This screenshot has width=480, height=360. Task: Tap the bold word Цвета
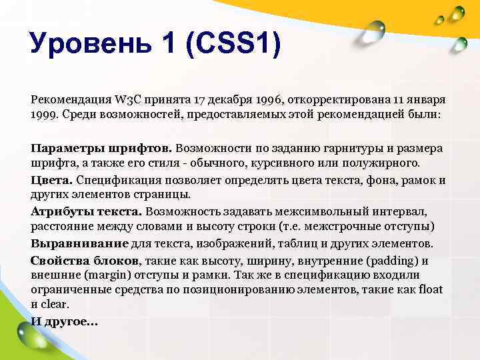(52, 180)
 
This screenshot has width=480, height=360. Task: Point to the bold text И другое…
(64, 321)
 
